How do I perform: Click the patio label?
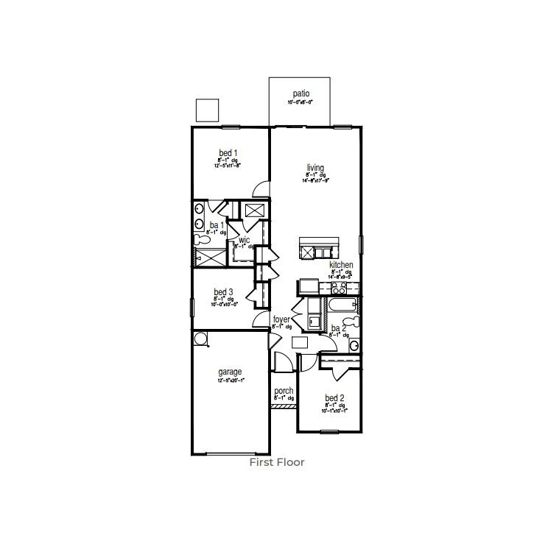point(300,93)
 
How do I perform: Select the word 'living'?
point(315,167)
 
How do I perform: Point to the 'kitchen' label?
point(341,264)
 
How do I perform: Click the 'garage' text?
point(230,372)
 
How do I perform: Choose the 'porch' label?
point(284,391)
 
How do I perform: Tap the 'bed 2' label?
point(334,398)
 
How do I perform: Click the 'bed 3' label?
point(224,292)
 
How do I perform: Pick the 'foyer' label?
point(281,319)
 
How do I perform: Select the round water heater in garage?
point(200,338)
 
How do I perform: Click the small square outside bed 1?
point(208,110)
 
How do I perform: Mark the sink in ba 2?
point(354,344)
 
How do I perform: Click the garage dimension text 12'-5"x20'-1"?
point(230,381)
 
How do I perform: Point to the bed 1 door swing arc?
point(260,189)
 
